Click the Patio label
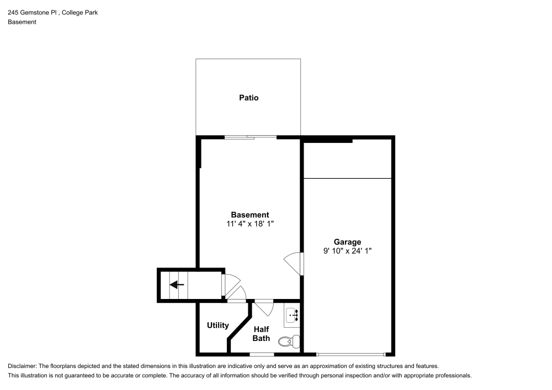[248, 98]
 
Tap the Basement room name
[250, 215]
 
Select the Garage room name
[347, 242]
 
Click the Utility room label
[217, 325]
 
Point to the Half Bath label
[261, 334]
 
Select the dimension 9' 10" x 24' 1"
[347, 251]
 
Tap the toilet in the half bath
[288, 341]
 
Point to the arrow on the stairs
[177, 285]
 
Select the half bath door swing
[263, 307]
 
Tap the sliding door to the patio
[250, 136]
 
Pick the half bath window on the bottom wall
[261, 354]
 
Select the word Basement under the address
[22, 22]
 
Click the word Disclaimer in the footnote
[22, 366]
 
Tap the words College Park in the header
[80, 12]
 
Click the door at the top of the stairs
[224, 284]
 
